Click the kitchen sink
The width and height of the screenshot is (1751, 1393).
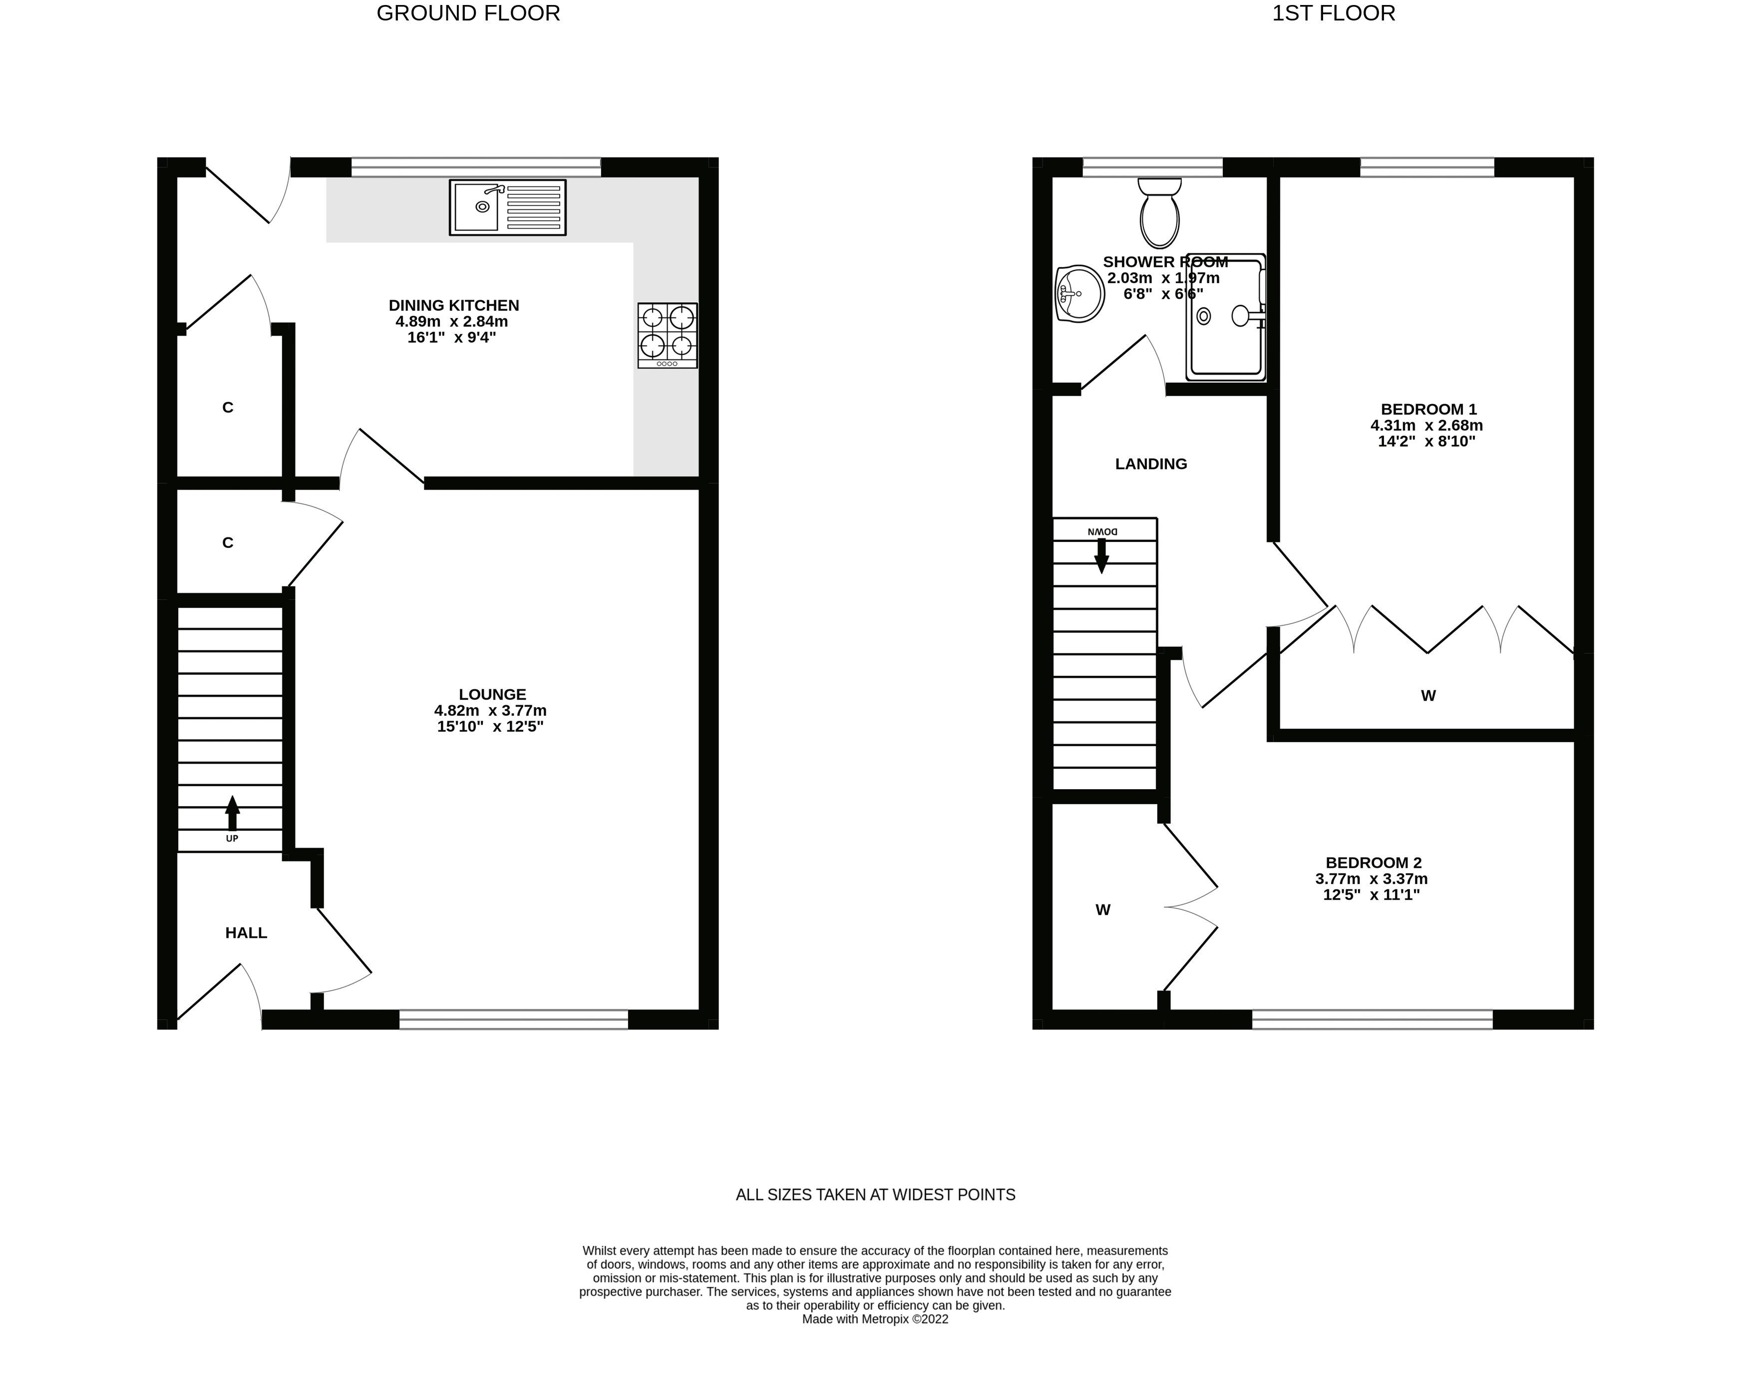tap(508, 207)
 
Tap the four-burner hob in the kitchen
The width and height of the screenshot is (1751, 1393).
tap(668, 336)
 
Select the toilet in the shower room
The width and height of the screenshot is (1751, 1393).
tap(1160, 213)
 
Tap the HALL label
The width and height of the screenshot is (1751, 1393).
tap(246, 933)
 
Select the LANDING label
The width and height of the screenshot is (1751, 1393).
tap(1151, 464)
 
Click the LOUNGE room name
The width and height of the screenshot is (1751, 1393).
tap(492, 694)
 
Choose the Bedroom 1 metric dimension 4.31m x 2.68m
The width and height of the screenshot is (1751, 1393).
tap(1427, 426)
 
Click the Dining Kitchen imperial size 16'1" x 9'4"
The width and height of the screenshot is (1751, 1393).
tap(451, 337)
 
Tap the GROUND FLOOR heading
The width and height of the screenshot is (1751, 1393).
tap(469, 14)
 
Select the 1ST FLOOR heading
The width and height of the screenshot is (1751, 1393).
tap(1334, 14)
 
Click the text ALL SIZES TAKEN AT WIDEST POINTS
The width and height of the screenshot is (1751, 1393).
tap(876, 1195)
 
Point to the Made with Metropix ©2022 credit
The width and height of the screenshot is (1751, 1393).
tap(876, 1319)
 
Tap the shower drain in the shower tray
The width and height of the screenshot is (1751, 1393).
tap(1204, 316)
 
